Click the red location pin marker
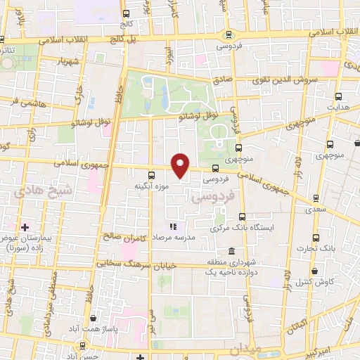pos(181,166)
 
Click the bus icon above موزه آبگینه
pos(151,175)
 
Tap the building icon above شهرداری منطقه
pos(231,251)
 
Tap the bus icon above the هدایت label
pos(339,97)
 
